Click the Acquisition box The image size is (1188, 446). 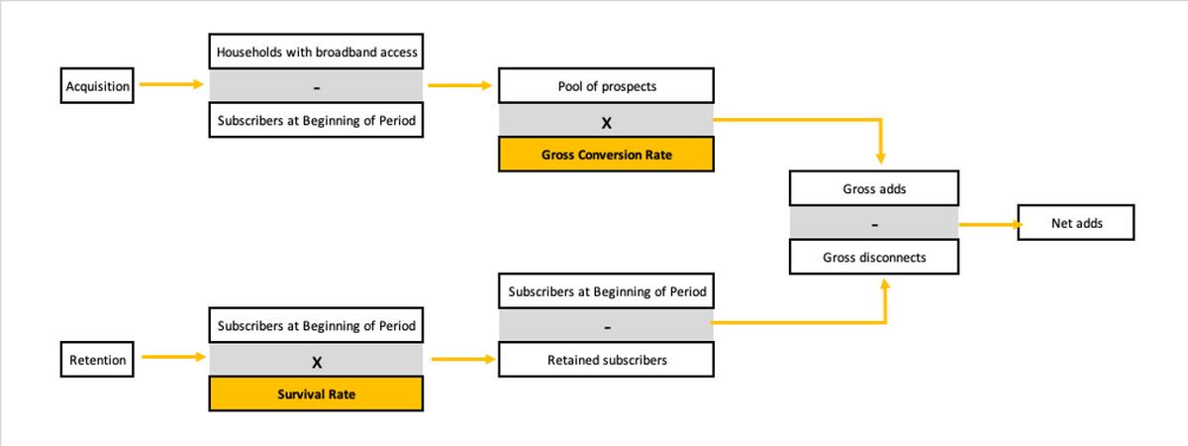coord(97,85)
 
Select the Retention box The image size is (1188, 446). coord(97,360)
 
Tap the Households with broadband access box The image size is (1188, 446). coord(316,52)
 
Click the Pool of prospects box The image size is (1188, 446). coord(606,85)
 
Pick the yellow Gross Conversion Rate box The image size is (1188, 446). coord(606,155)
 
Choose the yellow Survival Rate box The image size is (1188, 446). coord(316,394)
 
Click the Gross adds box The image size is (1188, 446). coord(874,188)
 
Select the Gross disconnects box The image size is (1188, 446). coord(874,257)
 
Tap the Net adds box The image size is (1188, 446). coord(1076,222)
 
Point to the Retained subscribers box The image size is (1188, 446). coord(606,360)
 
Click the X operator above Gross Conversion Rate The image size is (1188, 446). coord(606,123)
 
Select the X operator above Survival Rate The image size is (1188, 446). coord(317,363)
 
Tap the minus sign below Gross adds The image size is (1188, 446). coord(874,225)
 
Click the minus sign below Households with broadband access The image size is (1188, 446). coord(317,88)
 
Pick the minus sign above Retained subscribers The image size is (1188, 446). coord(607,328)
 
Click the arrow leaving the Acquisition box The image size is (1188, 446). coord(171,84)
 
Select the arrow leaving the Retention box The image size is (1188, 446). coord(173,357)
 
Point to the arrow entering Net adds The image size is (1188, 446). coord(991,225)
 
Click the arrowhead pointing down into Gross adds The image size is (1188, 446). coord(880,158)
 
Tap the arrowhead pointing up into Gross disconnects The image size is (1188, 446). coord(885,284)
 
